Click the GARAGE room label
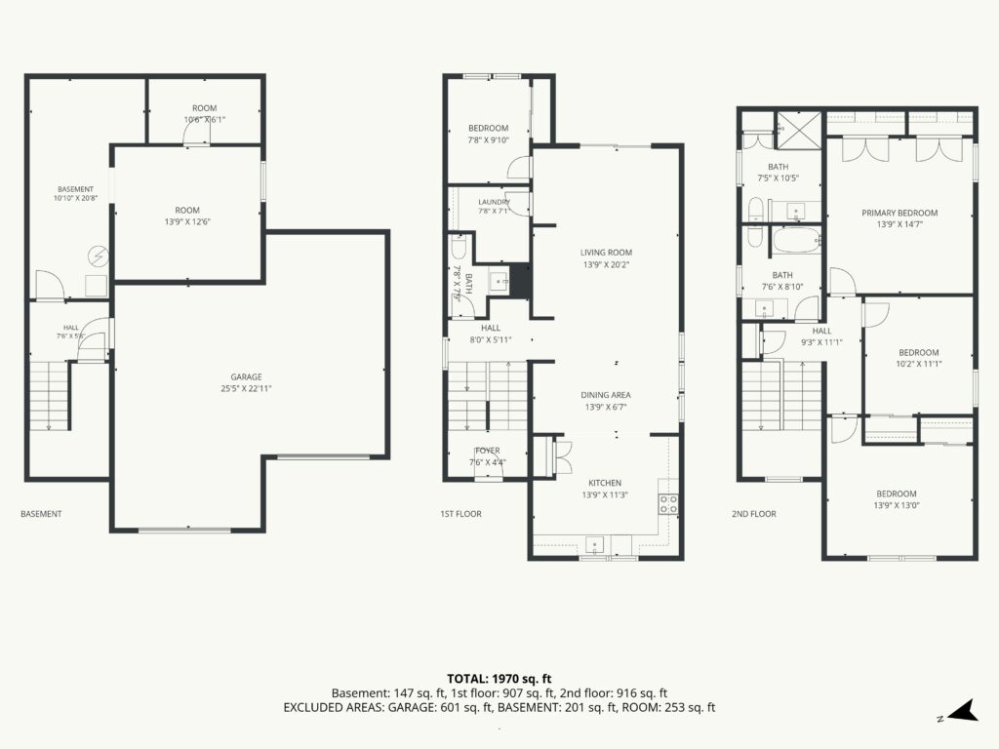click(x=246, y=377)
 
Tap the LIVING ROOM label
click(x=606, y=253)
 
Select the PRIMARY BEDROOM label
click(x=899, y=213)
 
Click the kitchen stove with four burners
click(x=668, y=504)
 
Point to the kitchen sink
click(x=595, y=545)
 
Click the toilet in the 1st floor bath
click(x=459, y=247)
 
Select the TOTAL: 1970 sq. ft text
click(x=499, y=679)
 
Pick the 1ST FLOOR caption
click(x=460, y=514)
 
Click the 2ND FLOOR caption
click(x=754, y=514)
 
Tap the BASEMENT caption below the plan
click(x=41, y=514)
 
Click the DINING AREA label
click(x=605, y=395)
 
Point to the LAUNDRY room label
click(x=494, y=202)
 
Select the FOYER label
click(x=488, y=451)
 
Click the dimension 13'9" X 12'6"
click(x=187, y=221)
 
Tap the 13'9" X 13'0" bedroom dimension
click(x=897, y=506)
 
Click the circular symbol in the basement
click(x=99, y=256)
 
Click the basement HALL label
click(x=70, y=328)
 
